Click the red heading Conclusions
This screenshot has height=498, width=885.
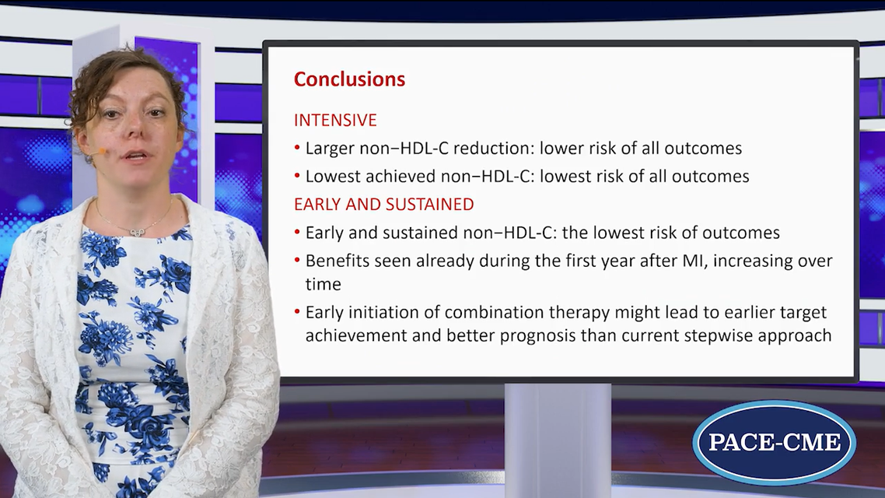click(349, 79)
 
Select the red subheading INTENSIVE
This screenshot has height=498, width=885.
click(335, 121)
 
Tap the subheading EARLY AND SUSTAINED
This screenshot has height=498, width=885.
click(384, 205)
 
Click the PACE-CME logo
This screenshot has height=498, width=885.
click(775, 442)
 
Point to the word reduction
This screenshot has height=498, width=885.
click(492, 149)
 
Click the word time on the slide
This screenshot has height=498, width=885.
click(324, 284)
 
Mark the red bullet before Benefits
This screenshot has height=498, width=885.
click(297, 261)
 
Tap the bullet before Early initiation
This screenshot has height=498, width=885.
click(297, 312)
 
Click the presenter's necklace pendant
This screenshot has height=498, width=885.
click(135, 232)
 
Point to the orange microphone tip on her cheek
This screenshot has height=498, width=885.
click(102, 151)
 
